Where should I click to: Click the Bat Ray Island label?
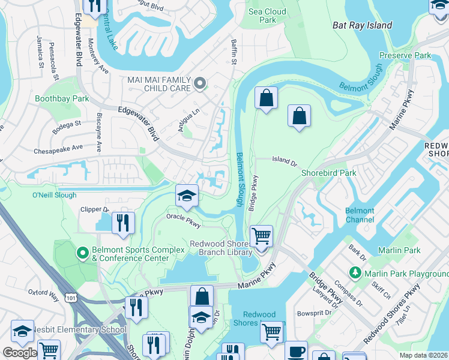[x=363, y=25]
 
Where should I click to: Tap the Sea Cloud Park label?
[x=267, y=16]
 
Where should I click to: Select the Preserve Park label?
[x=405, y=55]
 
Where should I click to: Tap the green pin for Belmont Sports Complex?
[x=83, y=254]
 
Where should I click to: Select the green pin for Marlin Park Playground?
[x=356, y=274]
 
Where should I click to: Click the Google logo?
[x=19, y=352]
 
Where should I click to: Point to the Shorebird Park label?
[x=328, y=173]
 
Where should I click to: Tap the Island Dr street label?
[x=285, y=161]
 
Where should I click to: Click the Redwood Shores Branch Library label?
[x=221, y=248]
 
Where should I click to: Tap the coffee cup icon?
[x=295, y=351]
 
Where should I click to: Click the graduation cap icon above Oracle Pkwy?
[x=187, y=195]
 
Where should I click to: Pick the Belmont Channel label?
[x=360, y=215]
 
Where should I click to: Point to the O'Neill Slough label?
[x=54, y=195]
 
